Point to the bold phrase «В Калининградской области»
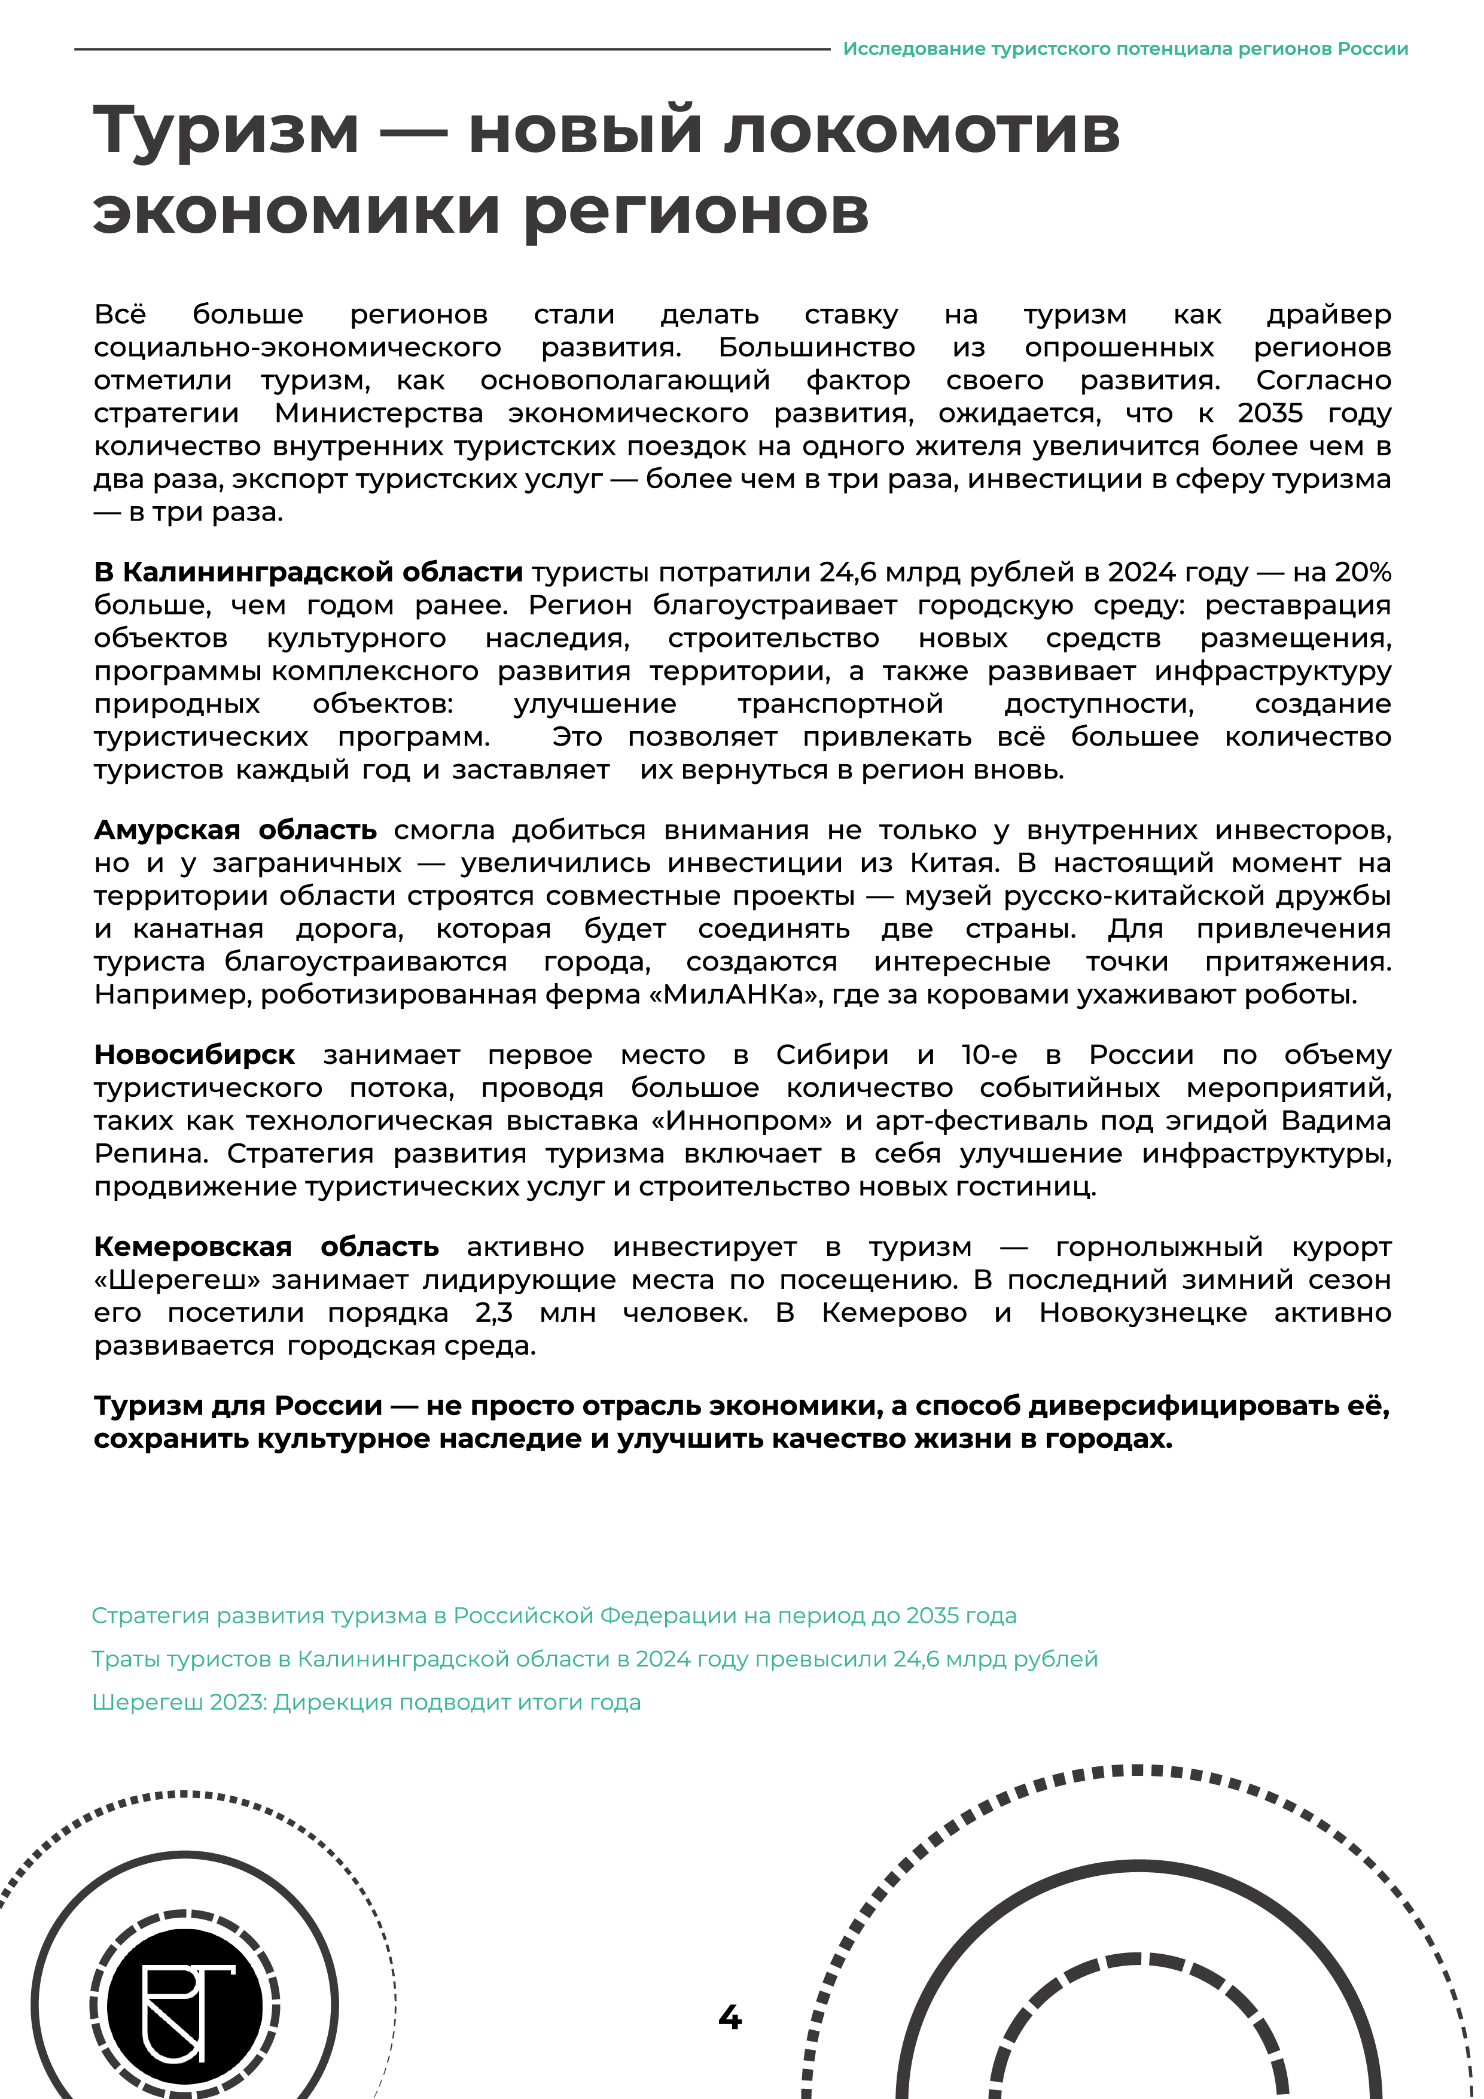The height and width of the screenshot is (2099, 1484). pos(309,572)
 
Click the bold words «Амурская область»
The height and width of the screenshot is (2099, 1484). pos(236,830)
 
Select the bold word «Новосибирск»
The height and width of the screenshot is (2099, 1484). pos(194,1055)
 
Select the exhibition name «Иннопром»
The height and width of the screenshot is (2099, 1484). pos(729,1121)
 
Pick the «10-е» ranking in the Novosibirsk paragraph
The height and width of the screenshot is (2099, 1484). pos(989,1055)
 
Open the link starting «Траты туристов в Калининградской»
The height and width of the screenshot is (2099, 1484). pos(594,1659)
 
